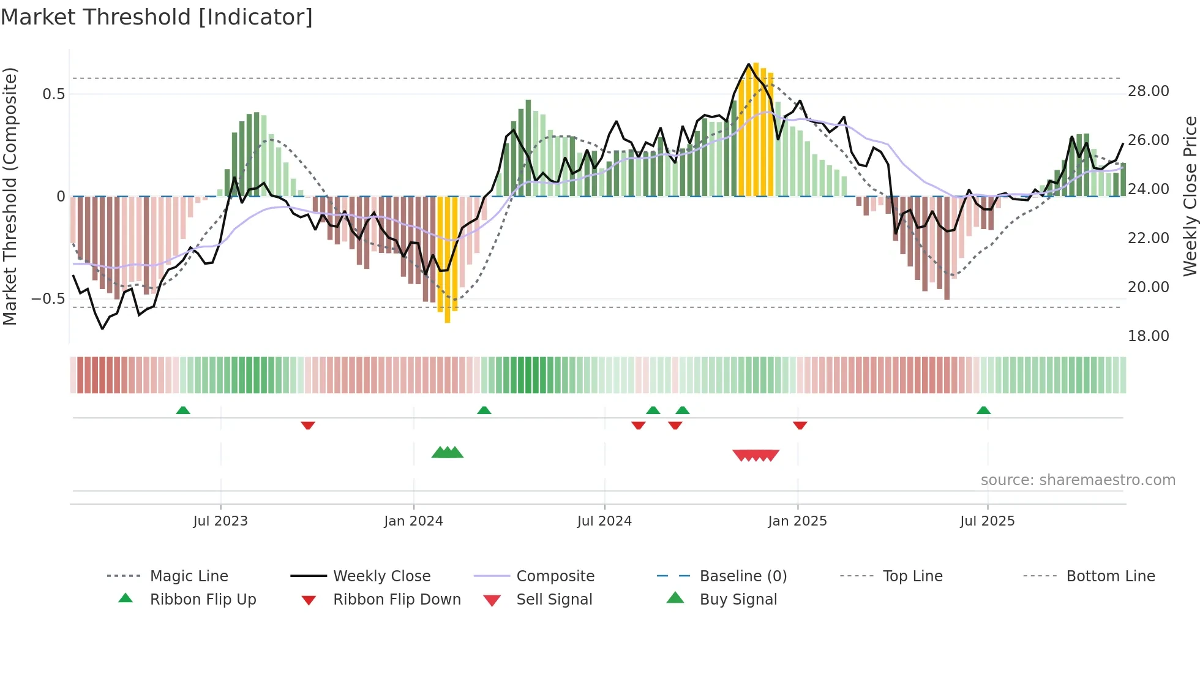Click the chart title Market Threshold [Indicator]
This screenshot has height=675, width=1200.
[x=157, y=17]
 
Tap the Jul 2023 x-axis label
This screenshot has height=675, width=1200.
[x=220, y=521]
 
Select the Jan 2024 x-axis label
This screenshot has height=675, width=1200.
[x=413, y=521]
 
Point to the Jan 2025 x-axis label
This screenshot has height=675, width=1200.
[x=797, y=521]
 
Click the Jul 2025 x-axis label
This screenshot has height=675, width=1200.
[x=987, y=521]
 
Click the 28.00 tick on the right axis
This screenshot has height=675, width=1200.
[x=1148, y=91]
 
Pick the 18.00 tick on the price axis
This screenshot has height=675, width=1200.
[x=1148, y=336]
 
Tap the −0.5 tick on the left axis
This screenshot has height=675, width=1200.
[x=48, y=299]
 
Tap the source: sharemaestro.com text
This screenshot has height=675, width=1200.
[x=1078, y=480]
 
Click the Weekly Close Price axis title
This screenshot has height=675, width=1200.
[x=1190, y=196]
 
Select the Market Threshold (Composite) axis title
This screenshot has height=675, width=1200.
[x=10, y=196]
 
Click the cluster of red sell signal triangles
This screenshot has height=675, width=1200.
[x=756, y=455]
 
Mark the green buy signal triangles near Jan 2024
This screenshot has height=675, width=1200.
[x=448, y=453]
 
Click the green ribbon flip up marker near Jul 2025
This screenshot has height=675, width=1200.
[x=983, y=410]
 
